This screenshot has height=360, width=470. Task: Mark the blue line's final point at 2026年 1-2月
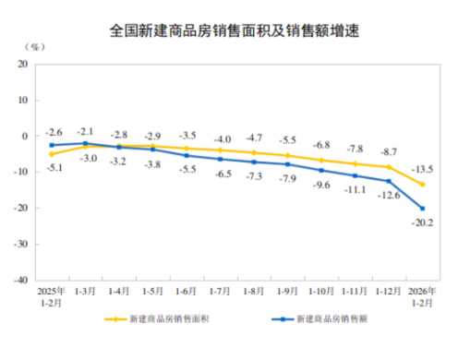point(422,209)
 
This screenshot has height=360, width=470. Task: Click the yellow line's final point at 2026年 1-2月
point(422,185)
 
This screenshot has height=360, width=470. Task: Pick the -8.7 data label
point(389,150)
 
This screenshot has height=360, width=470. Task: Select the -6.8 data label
point(320,145)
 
